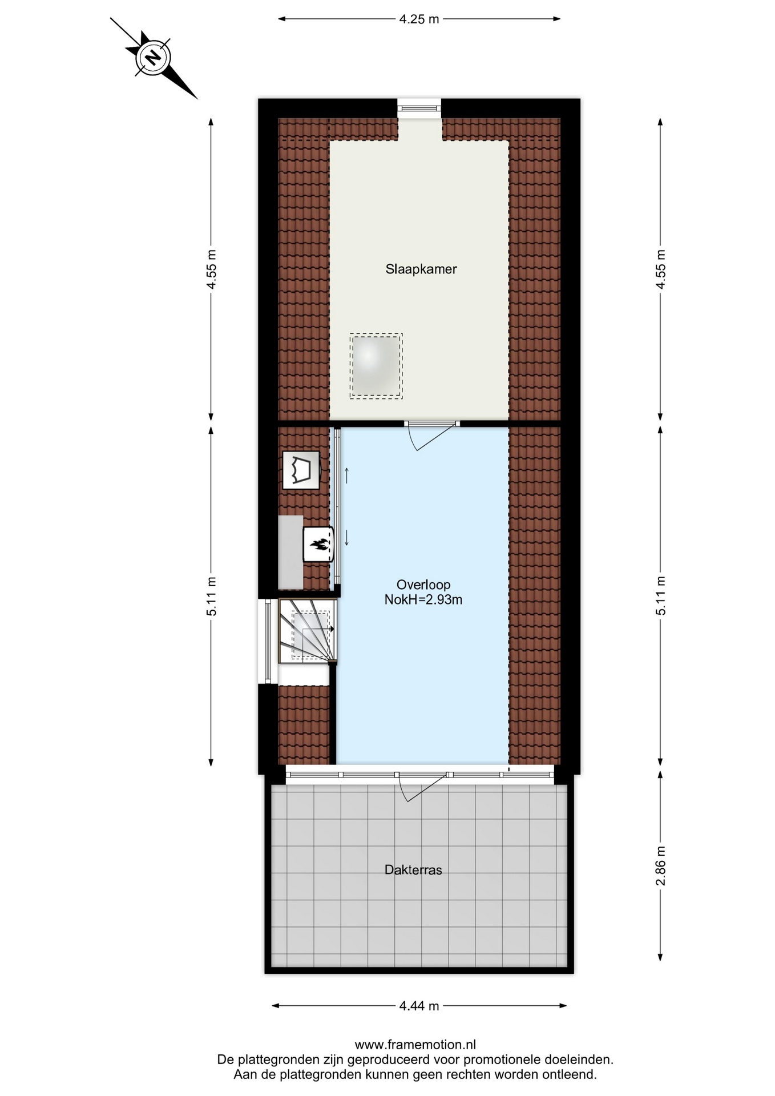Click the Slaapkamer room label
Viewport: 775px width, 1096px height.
(x=421, y=269)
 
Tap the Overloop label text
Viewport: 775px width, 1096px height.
(x=423, y=585)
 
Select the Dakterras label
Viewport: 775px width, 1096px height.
(x=413, y=870)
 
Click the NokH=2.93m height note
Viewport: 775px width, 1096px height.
(x=423, y=599)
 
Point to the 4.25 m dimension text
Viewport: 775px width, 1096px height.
(x=419, y=19)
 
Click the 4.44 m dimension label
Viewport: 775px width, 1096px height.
(x=419, y=1006)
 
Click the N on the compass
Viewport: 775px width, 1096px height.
(x=152, y=58)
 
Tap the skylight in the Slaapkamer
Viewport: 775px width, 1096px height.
(x=376, y=366)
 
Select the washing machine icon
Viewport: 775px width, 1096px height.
(x=301, y=470)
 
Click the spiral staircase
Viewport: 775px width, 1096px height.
(x=307, y=630)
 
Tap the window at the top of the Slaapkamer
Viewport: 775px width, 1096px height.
(x=419, y=108)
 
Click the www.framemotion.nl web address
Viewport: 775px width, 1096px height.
(x=415, y=1045)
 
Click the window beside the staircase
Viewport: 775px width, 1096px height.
(x=268, y=640)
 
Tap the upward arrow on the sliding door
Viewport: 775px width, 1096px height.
(x=346, y=476)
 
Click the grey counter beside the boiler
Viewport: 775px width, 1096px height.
(x=290, y=552)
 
